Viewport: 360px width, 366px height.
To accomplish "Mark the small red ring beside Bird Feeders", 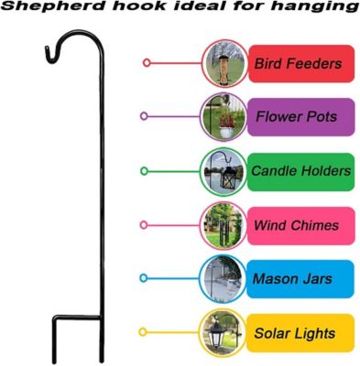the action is coord(147,63).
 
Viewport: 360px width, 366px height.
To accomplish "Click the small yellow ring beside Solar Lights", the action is coord(142,333).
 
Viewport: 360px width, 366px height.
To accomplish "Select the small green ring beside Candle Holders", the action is coord(144,171).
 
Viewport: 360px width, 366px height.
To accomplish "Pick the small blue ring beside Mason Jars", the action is coord(143,279).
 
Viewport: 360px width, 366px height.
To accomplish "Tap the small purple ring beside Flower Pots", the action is coord(143,117).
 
